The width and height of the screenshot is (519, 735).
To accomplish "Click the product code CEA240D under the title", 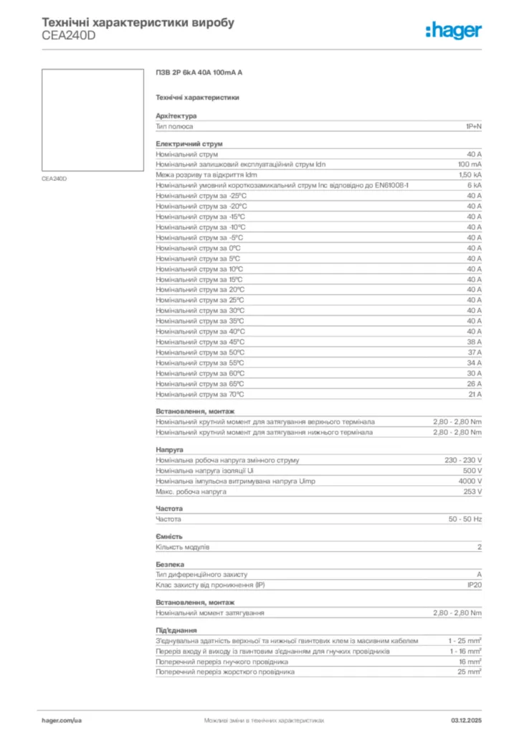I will click(x=67, y=36).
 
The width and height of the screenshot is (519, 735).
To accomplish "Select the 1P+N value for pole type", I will click(x=473, y=126).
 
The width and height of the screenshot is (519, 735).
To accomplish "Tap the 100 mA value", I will click(x=470, y=164).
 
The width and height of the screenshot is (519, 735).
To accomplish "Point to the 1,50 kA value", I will click(x=470, y=175).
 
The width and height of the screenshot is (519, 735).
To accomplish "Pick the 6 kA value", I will click(x=474, y=185).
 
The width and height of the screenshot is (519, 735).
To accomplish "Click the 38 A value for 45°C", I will click(x=475, y=342).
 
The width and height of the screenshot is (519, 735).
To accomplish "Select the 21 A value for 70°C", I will click(x=475, y=394).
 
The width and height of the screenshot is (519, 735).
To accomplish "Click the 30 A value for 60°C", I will click(x=475, y=373).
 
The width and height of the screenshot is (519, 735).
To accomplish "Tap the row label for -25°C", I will click(x=201, y=196).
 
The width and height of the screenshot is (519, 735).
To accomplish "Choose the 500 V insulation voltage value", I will click(x=472, y=470).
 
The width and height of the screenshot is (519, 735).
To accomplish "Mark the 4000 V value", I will click(x=470, y=481).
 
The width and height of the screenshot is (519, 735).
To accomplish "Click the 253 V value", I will click(x=472, y=492).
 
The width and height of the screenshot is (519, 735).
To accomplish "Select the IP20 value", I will click(x=474, y=585).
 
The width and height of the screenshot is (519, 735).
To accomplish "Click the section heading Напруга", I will click(x=169, y=449).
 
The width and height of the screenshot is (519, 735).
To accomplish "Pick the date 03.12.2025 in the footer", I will click(x=466, y=719).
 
